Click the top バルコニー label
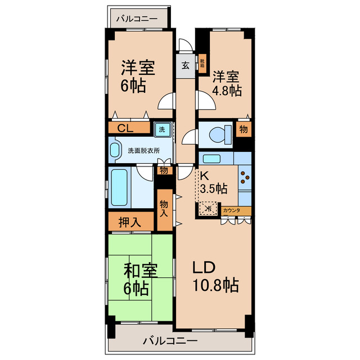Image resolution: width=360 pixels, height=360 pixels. (137, 19)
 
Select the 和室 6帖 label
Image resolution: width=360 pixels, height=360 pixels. (136, 280)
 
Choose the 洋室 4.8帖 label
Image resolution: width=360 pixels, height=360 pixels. (227, 83)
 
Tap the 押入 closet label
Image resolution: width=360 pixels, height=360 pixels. (130, 222)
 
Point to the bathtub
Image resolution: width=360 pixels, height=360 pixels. (119, 187)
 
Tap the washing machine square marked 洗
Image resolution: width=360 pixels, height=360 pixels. (162, 129)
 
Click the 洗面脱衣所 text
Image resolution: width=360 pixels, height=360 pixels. (143, 151)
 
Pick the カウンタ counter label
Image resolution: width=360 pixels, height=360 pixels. (231, 210)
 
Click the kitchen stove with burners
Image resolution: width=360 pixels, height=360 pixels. (245, 178)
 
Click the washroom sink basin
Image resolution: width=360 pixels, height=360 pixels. (115, 151)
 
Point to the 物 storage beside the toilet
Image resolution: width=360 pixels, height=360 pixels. (243, 129)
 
